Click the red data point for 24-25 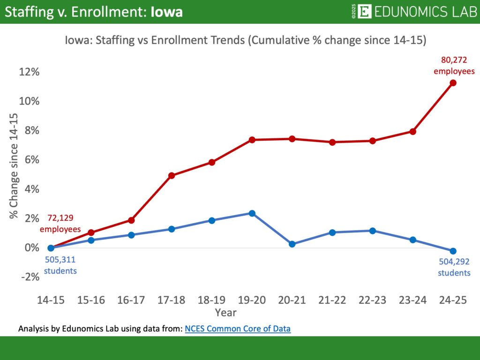pyautogui.click(x=453, y=83)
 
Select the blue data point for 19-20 pyautogui.click(x=252, y=213)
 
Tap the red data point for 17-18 pyautogui.click(x=172, y=175)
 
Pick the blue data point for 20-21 pyautogui.click(x=292, y=244)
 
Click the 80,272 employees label pyautogui.click(x=454, y=66)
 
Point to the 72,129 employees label pyautogui.click(x=60, y=224)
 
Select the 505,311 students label pyautogui.click(x=60, y=264)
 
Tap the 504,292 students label pyautogui.click(x=454, y=267)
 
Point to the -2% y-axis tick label pyautogui.click(x=29, y=277)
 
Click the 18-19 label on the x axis pyautogui.click(x=212, y=301)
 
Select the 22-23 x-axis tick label pyautogui.click(x=373, y=301)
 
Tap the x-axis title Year pyautogui.click(x=225, y=312)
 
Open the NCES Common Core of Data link pyautogui.click(x=238, y=329)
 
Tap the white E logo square pyautogui.click(x=364, y=11)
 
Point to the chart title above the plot pyautogui.click(x=245, y=40)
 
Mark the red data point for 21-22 pyautogui.click(x=332, y=142)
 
